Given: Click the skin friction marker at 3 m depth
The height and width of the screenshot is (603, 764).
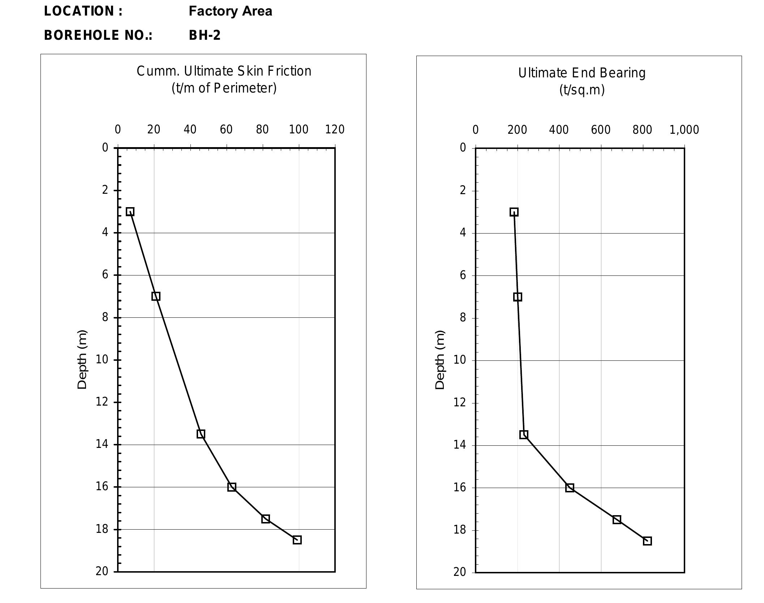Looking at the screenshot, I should (x=130, y=211).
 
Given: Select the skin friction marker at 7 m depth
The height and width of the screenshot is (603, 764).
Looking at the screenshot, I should (x=156, y=296).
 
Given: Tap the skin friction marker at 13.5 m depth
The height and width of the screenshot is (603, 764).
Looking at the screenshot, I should (x=201, y=434).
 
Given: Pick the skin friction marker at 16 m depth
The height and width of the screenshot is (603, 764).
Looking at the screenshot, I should (x=232, y=487).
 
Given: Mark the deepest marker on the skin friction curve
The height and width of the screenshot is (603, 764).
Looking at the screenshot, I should (x=297, y=540).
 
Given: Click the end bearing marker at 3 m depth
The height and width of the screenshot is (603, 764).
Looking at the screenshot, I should (x=514, y=212).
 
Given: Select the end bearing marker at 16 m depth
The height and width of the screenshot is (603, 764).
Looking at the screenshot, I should (x=570, y=488).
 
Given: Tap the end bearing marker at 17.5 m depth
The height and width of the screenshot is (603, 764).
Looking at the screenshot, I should (x=617, y=519).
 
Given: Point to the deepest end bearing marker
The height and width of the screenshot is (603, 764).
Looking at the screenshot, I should (x=647, y=541).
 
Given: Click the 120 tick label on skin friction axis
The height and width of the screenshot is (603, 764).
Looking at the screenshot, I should (x=335, y=129).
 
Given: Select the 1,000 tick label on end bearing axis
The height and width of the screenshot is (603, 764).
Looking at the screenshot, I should (x=684, y=130).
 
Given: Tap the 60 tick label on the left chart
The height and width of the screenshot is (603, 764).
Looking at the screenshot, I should (x=226, y=129).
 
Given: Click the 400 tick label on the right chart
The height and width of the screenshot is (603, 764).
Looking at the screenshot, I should (x=559, y=130).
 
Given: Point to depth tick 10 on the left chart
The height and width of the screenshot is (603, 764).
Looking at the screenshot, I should (x=102, y=359).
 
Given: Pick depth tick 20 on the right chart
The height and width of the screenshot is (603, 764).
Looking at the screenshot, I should (x=460, y=572).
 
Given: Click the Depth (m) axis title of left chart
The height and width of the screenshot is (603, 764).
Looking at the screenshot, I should (x=82, y=359).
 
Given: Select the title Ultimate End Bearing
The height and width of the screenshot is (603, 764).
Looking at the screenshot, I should (x=581, y=73).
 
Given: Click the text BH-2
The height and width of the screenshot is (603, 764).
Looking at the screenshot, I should (x=205, y=35).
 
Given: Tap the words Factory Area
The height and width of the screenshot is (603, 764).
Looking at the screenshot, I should (x=230, y=11).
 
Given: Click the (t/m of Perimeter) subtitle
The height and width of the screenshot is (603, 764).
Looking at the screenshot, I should (x=224, y=88).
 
